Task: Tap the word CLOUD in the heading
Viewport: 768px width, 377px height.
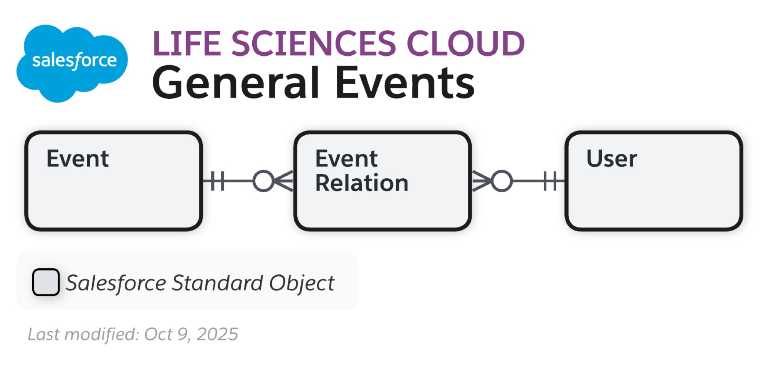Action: pos(465,43)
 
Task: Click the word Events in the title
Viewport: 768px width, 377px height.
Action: pos(405,83)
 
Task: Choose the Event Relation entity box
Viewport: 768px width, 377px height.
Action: pos(382,208)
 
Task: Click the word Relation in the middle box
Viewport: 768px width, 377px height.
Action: pos(362,183)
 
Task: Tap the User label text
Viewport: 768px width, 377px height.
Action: pos(612,158)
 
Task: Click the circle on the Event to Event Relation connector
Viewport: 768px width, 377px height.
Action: pos(263,181)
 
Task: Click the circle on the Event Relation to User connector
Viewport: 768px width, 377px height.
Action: pos(502,181)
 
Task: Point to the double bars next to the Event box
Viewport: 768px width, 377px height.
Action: pos(218,181)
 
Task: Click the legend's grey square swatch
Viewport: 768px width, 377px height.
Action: pos(46,282)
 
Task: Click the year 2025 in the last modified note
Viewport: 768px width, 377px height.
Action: pos(217,334)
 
